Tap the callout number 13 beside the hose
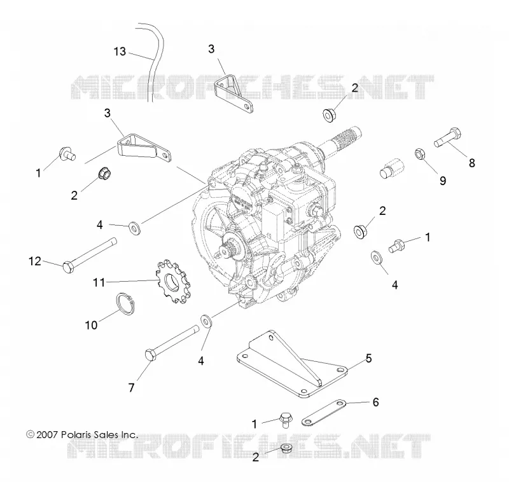pos(120,52)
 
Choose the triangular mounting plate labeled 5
pos(292,365)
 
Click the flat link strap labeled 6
pos(324,413)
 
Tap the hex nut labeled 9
pos(420,154)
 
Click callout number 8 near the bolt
pos(471,163)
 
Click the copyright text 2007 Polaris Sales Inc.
pos(82,435)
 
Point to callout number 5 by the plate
pos(368,359)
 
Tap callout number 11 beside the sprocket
pos(99,282)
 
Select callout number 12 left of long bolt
pos(35,261)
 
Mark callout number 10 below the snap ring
pos(91,325)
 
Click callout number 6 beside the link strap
pos(375,403)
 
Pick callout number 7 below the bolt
pos(131,388)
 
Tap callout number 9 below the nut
pos(443,181)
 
